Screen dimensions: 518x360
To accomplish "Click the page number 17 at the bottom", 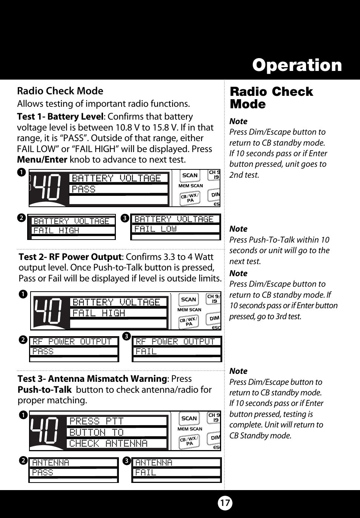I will pyautogui.click(x=225, y=503).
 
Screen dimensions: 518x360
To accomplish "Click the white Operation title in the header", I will pyautogui.click(x=297, y=65).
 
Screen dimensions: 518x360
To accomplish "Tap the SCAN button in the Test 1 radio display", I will pyautogui.click(x=190, y=175).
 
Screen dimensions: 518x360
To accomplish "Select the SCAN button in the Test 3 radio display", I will pyautogui.click(x=189, y=418).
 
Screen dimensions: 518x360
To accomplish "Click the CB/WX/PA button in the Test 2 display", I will pyautogui.click(x=189, y=322).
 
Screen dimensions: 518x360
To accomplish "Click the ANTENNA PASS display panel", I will pyautogui.click(x=74, y=469).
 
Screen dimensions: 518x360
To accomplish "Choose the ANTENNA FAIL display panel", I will pyautogui.click(x=177, y=469).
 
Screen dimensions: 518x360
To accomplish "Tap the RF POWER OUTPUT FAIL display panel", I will pyautogui.click(x=177, y=349).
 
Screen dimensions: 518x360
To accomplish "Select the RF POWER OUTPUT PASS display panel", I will pyautogui.click(x=74, y=349).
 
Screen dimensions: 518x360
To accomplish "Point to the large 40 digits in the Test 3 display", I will pyautogui.click(x=45, y=430).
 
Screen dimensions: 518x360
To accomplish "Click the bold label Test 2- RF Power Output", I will pyautogui.click(x=70, y=257).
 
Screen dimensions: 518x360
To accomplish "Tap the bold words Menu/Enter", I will pyautogui.click(x=42, y=160).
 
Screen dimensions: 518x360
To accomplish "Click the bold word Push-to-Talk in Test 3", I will pyautogui.click(x=45, y=390).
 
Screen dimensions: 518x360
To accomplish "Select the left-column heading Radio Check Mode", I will pyautogui.click(x=60, y=91).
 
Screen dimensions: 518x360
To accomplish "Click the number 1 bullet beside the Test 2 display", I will pyautogui.click(x=23, y=294).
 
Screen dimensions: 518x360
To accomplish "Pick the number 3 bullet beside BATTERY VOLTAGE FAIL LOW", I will pyautogui.click(x=125, y=218).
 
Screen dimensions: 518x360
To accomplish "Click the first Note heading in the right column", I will pyautogui.click(x=238, y=121).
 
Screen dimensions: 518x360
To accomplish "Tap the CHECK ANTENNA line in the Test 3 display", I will pyautogui.click(x=108, y=443).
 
